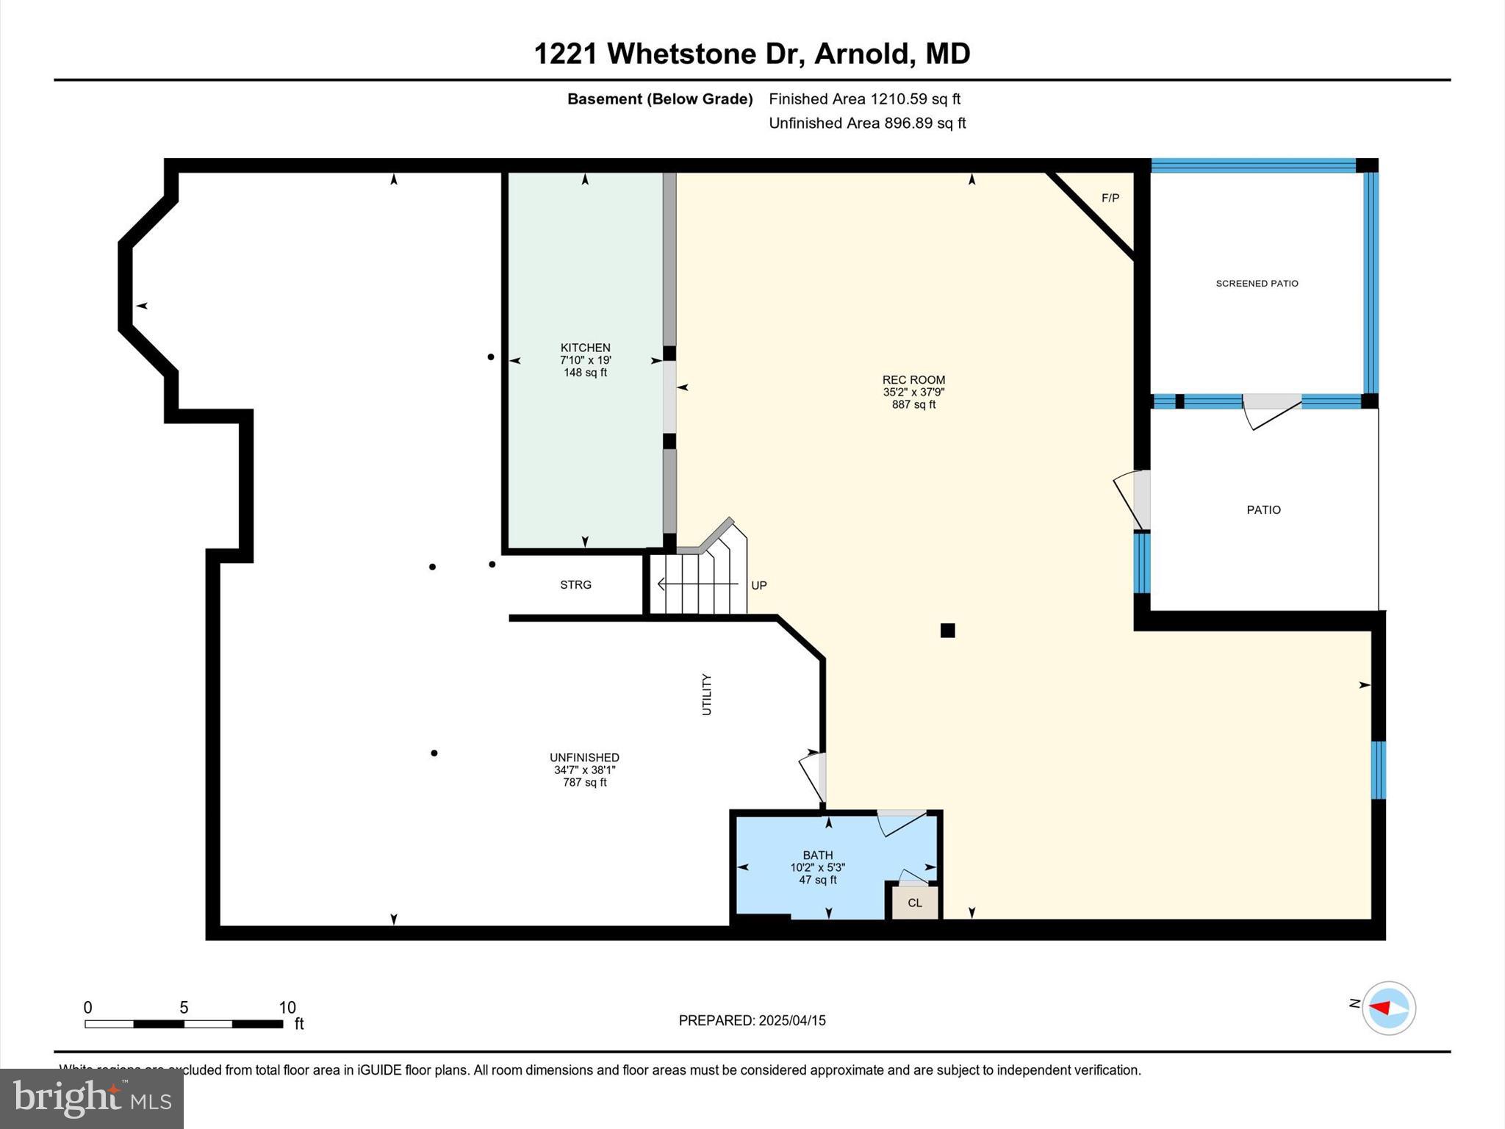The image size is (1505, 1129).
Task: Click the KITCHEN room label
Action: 585,348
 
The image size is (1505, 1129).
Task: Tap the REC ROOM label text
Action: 913,380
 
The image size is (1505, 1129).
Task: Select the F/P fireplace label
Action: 1110,198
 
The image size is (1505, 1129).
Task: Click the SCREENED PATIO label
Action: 1257,284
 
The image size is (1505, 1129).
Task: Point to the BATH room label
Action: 817,855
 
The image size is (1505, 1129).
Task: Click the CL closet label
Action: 914,903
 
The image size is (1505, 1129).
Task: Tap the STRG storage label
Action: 575,585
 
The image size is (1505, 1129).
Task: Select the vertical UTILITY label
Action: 706,694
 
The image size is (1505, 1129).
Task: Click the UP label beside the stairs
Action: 759,586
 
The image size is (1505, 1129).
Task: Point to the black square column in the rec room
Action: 947,630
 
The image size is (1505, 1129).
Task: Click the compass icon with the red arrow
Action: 1388,1008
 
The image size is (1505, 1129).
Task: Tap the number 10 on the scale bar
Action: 287,1008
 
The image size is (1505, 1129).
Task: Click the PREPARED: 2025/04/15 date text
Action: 752,1020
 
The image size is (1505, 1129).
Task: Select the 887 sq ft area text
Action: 913,404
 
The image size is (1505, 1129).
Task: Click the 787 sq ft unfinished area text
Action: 584,782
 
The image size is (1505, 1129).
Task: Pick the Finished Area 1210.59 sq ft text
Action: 864,99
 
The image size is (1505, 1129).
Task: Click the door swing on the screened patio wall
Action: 1271,412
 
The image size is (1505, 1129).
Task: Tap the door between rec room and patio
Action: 1132,501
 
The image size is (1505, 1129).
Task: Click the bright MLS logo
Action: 92,1099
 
